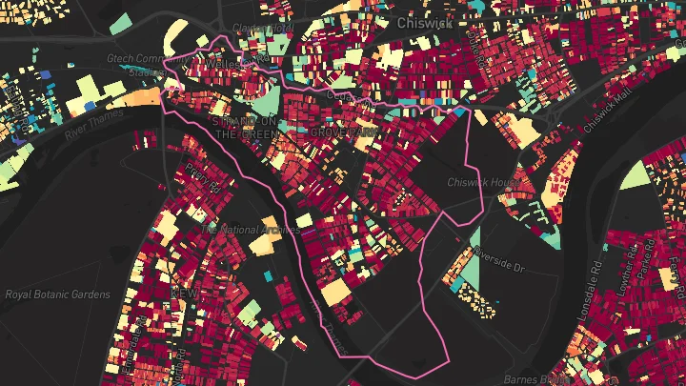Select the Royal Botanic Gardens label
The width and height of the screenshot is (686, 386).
click(x=57, y=295)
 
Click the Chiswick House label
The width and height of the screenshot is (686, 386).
click(x=484, y=181)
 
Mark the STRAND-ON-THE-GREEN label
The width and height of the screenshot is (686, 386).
click(x=246, y=129)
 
